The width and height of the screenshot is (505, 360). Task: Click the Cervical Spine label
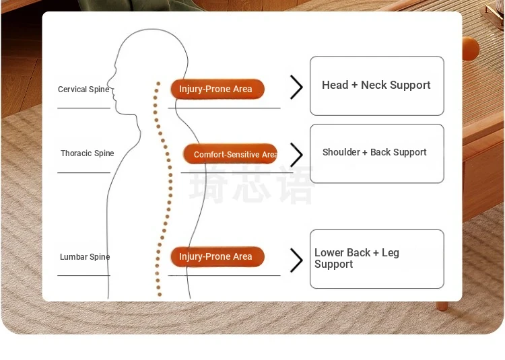click(x=83, y=89)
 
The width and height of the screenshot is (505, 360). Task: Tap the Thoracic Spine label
click(x=88, y=153)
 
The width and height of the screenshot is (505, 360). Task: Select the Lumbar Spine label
click(x=85, y=257)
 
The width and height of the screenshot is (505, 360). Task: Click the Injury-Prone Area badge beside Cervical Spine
click(x=217, y=89)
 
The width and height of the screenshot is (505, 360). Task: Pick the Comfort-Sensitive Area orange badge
click(x=230, y=154)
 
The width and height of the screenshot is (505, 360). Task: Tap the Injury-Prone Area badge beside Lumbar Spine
click(x=217, y=256)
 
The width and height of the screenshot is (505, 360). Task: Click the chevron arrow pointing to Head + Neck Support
click(x=296, y=87)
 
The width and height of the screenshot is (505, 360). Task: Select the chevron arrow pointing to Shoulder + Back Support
click(x=296, y=155)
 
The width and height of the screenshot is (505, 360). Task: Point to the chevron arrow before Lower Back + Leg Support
click(x=296, y=260)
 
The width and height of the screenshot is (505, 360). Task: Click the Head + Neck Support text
click(x=376, y=85)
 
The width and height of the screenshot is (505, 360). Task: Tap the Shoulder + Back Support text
click(x=374, y=152)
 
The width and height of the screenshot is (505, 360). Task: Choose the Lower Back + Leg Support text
click(x=357, y=258)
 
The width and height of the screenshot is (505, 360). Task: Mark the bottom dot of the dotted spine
click(x=160, y=294)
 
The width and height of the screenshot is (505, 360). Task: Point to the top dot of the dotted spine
click(x=158, y=83)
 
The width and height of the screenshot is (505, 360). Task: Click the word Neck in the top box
click(x=373, y=85)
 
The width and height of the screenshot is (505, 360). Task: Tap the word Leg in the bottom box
click(x=391, y=253)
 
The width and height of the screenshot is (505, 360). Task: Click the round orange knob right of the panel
click(x=471, y=48)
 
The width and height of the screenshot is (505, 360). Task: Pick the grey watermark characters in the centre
click(x=251, y=185)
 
